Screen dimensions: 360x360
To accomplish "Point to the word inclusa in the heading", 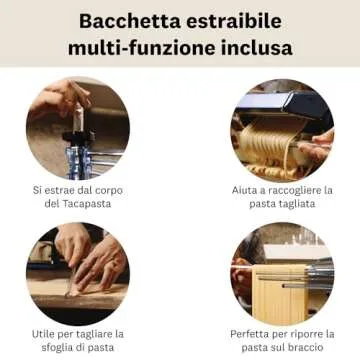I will point(254,47).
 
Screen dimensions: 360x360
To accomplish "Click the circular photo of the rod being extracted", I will point(79,130).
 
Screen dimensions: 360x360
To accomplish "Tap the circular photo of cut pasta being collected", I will point(281,130).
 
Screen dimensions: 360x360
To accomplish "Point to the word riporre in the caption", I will point(316,333).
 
